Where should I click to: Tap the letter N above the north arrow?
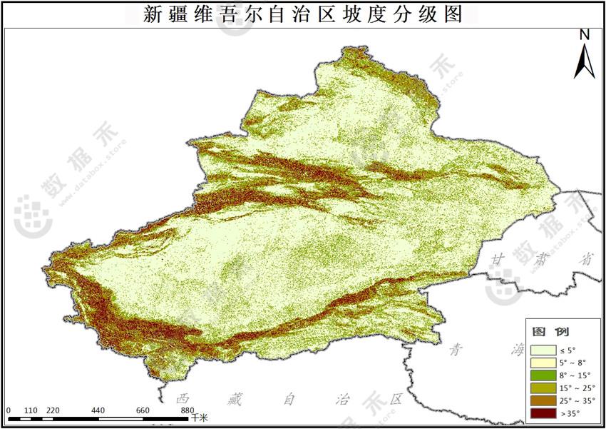585,34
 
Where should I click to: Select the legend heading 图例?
550,331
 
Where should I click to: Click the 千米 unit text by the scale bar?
199,417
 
